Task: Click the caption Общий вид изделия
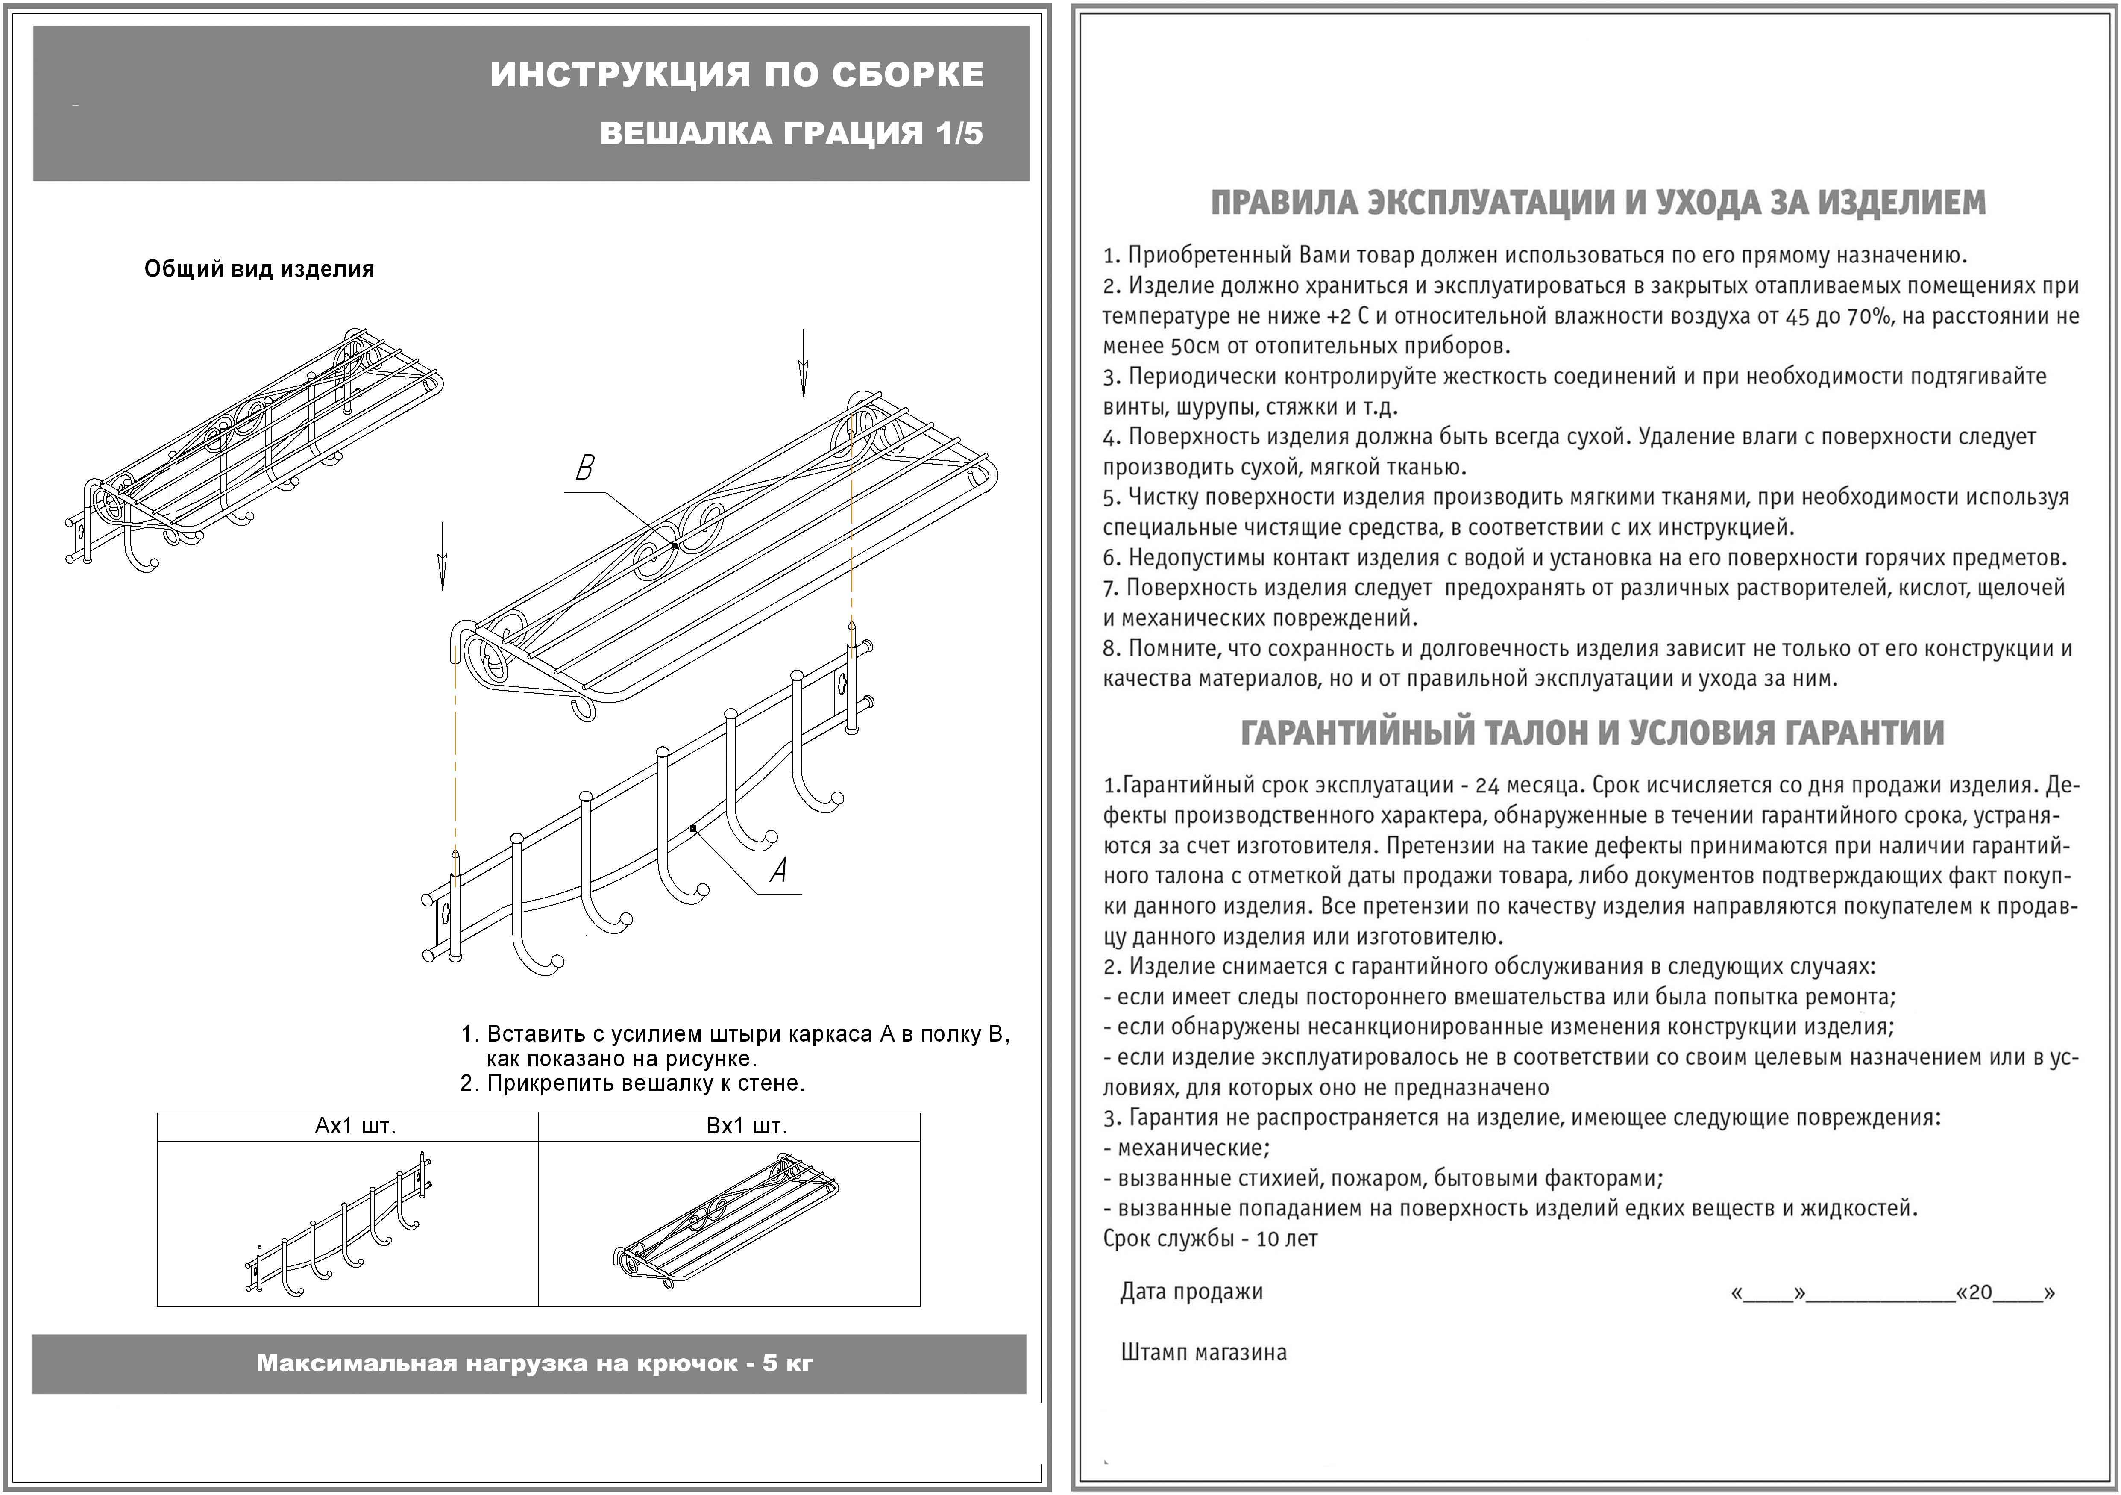click(260, 269)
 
